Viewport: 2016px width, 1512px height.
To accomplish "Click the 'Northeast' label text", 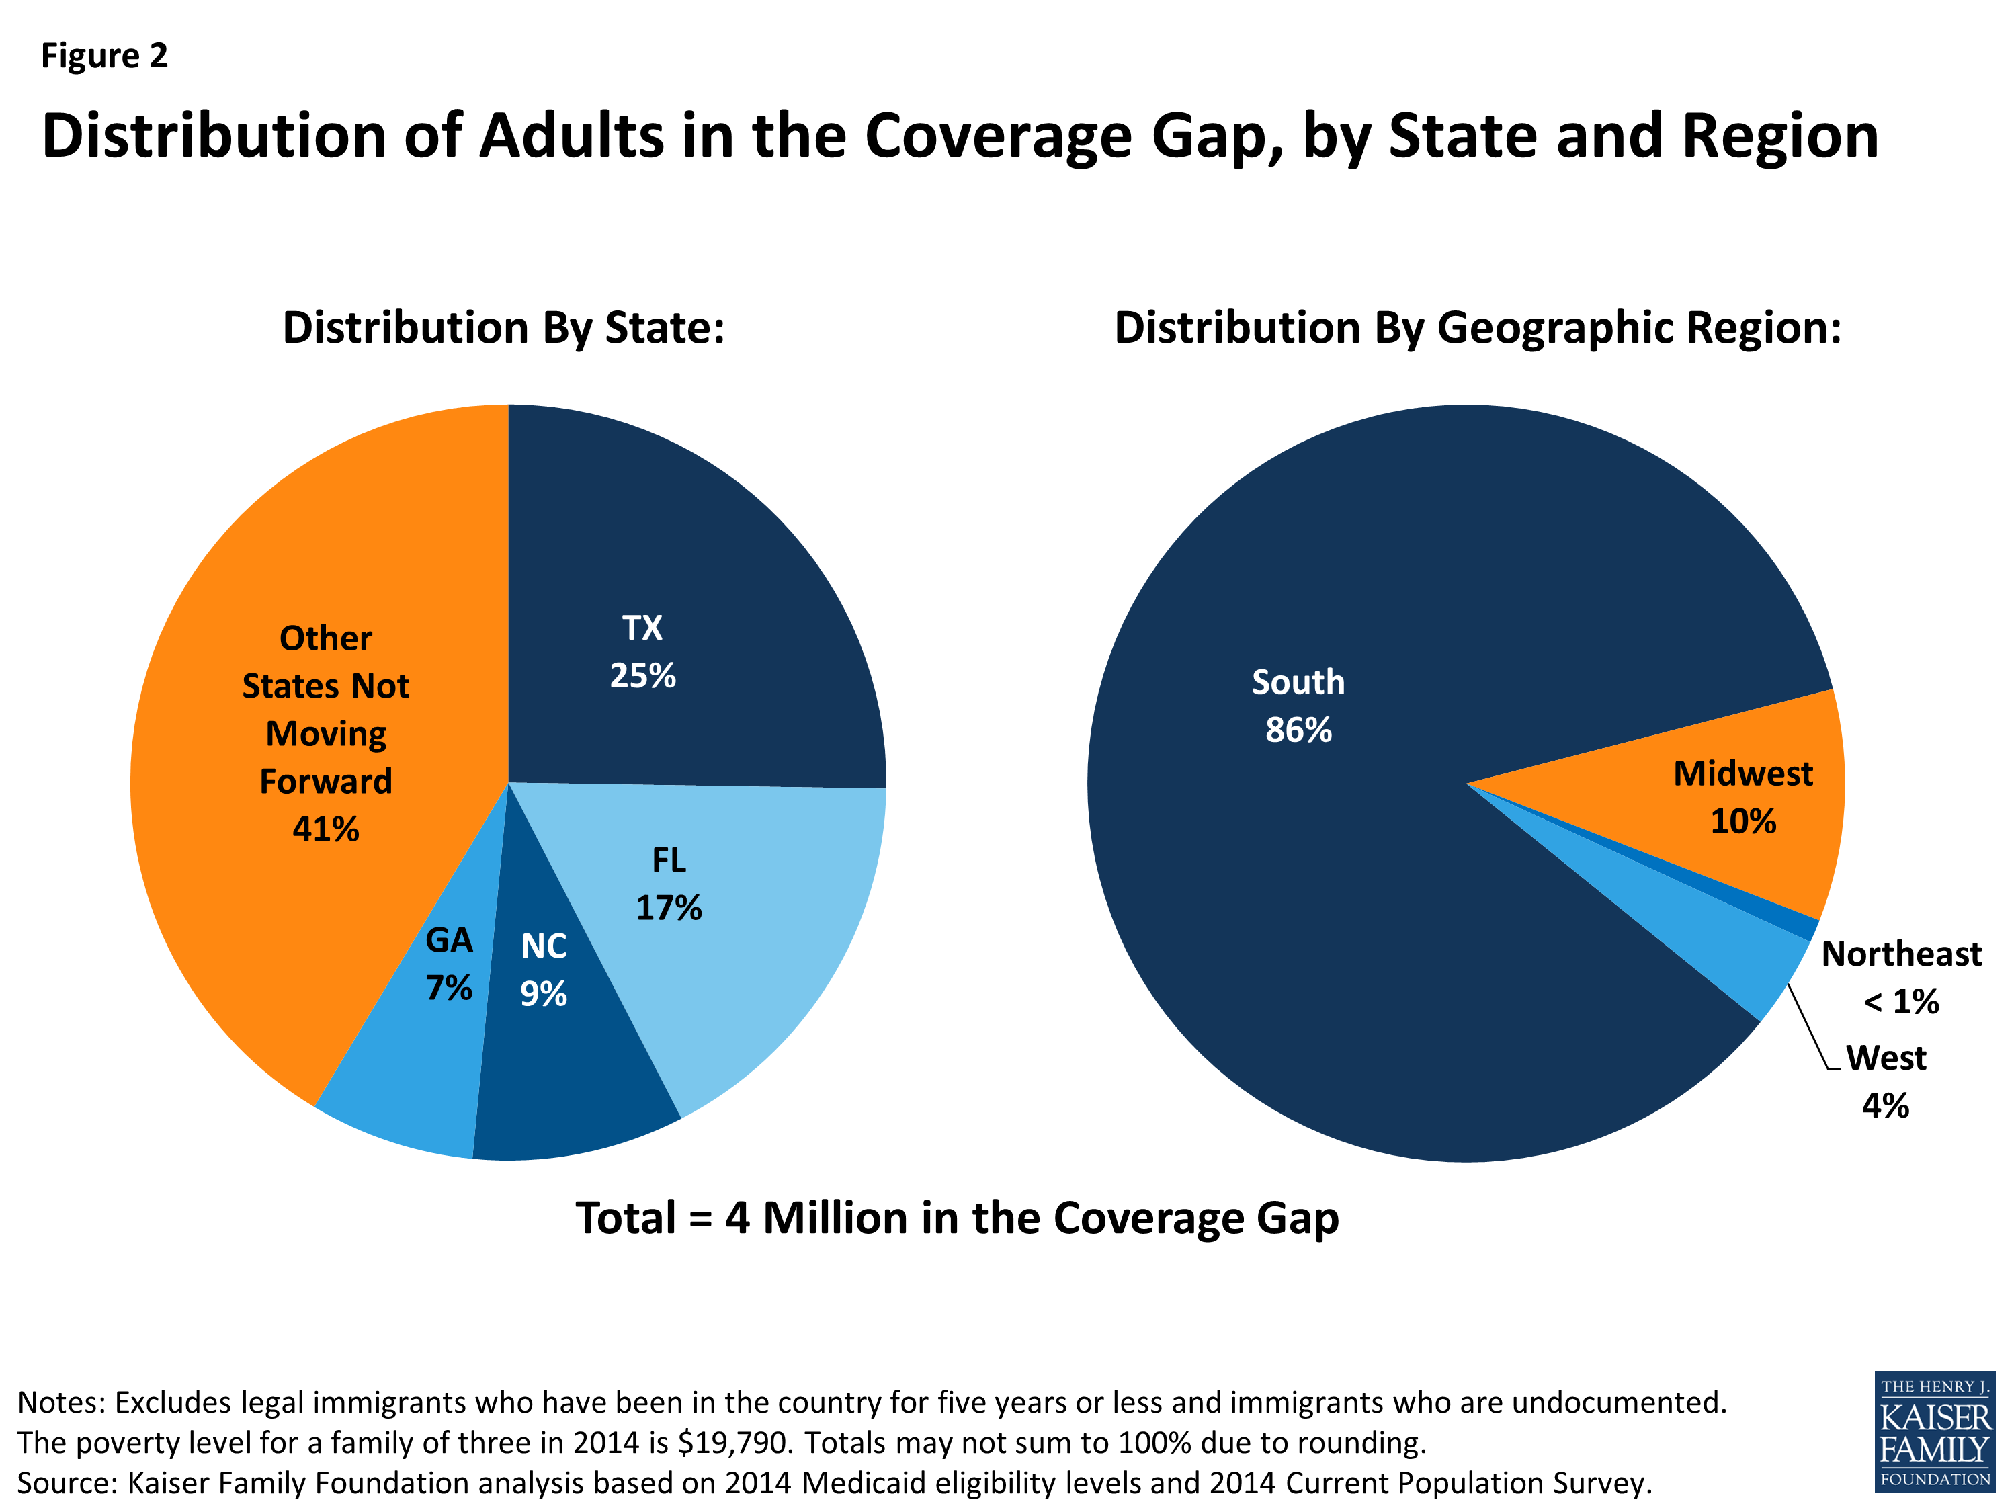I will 1900,954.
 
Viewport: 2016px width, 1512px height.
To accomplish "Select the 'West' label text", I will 1886,1058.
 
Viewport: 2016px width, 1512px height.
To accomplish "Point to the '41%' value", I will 325,829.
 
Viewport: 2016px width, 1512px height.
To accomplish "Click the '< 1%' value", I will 1900,1003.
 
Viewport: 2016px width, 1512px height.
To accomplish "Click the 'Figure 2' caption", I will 104,56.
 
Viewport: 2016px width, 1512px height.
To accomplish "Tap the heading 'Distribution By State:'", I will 503,328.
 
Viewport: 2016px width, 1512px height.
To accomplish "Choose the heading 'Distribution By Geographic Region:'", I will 1477,328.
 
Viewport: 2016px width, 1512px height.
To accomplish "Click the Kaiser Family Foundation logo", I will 1934,1431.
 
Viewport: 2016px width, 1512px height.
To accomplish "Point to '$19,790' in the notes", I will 732,1443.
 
